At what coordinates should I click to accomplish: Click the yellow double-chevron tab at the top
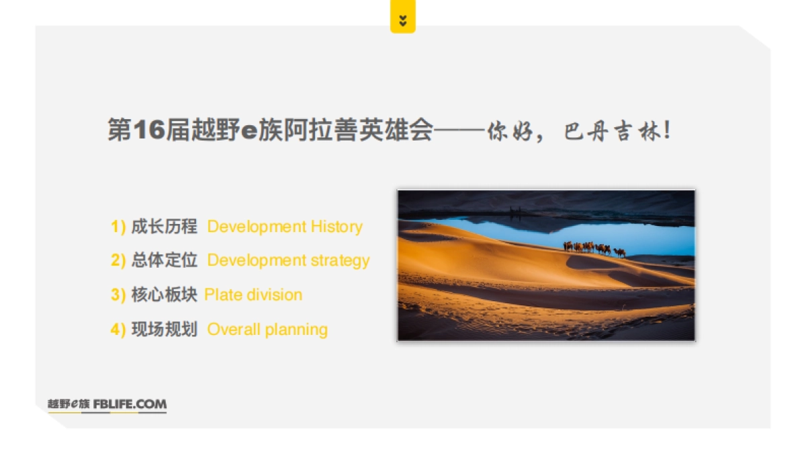pyautogui.click(x=402, y=20)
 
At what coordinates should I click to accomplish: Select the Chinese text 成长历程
pyautogui.click(x=164, y=227)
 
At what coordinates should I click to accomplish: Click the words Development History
pyautogui.click(x=285, y=227)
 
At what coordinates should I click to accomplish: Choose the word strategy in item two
pyautogui.click(x=340, y=260)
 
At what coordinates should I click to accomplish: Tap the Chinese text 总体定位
pyautogui.click(x=164, y=260)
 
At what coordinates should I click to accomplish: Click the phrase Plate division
pyautogui.click(x=253, y=295)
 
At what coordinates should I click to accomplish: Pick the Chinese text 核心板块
pyautogui.click(x=164, y=295)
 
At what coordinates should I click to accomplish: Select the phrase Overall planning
pyautogui.click(x=267, y=330)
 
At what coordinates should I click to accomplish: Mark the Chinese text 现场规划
pyautogui.click(x=164, y=330)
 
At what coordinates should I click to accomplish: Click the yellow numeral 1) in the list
pyautogui.click(x=118, y=227)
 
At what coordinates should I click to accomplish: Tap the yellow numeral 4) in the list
pyautogui.click(x=118, y=330)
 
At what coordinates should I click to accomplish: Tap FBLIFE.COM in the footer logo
pyautogui.click(x=130, y=404)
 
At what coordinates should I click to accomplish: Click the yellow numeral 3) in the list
pyautogui.click(x=118, y=295)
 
